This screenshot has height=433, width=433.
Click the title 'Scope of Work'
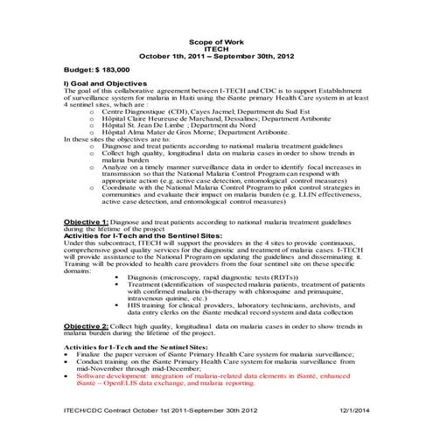216,41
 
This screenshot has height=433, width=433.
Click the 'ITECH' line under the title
216,49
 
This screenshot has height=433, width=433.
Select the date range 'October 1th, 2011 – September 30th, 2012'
216,57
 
